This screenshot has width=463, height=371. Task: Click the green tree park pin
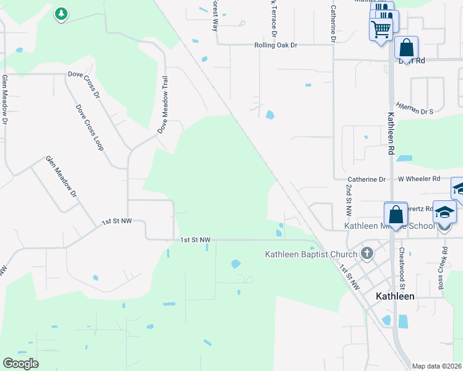coord(61,14)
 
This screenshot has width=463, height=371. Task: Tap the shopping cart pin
coord(381,28)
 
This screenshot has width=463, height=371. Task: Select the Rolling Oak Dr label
coord(276,45)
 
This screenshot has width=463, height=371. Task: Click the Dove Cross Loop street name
coord(89,127)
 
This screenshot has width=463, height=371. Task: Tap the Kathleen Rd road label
coord(391,133)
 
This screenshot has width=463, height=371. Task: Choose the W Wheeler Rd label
coord(418,179)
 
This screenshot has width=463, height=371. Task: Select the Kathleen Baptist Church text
coord(311,254)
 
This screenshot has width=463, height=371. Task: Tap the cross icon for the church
coord(367,253)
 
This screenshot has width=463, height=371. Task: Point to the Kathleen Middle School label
coord(389,226)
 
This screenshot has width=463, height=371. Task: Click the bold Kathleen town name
coord(395,296)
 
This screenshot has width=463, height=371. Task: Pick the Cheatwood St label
coord(402,268)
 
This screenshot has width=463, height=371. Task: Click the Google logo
coord(20,364)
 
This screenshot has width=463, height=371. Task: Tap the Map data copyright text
coord(436,366)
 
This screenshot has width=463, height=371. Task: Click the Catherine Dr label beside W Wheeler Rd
coord(366,179)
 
